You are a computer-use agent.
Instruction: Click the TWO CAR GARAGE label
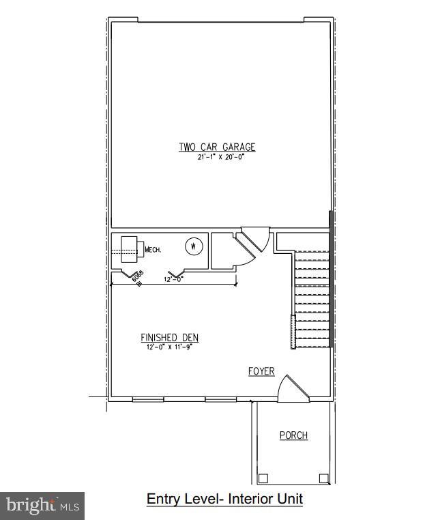217,147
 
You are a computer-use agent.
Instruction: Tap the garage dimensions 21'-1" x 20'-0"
217,156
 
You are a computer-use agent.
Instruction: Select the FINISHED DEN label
169,338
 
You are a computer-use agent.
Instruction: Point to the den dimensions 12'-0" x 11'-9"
169,347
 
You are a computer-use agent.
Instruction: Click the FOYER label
261,371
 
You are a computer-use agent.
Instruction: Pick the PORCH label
293,435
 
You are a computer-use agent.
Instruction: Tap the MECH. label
153,250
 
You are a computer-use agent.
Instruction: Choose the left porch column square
263,478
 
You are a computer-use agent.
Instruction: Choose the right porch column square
323,478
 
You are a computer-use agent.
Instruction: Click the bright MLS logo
42,506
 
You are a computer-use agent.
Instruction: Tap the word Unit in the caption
291,500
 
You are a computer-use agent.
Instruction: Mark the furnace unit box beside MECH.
130,246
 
